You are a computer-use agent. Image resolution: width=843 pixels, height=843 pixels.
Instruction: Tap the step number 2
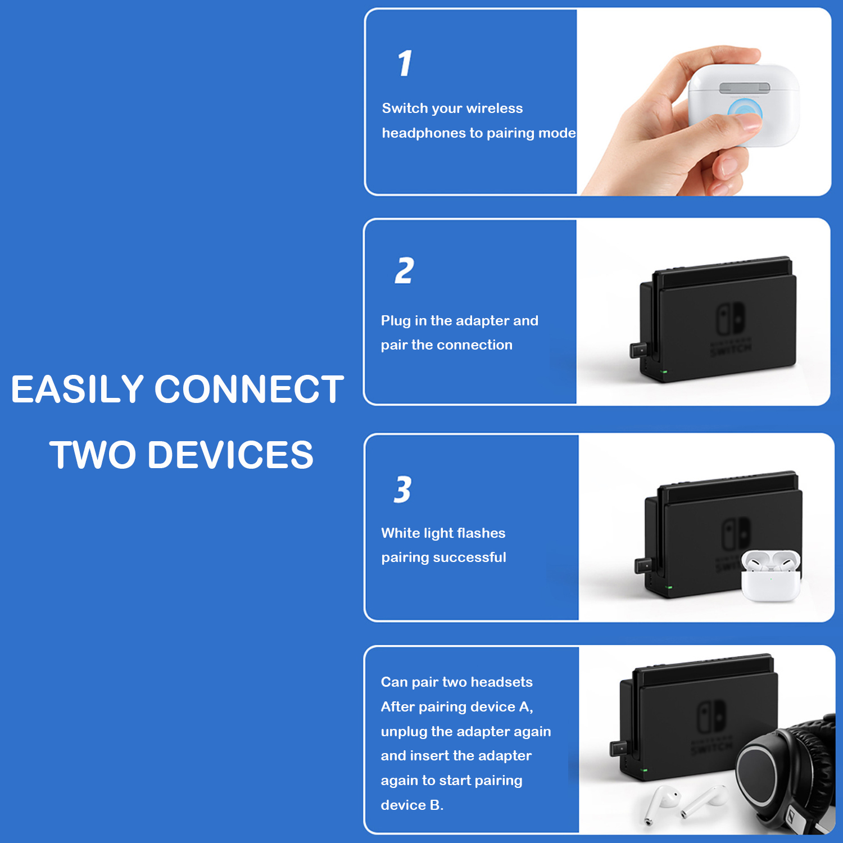(405, 271)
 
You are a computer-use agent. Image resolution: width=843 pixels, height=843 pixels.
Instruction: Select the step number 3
(403, 490)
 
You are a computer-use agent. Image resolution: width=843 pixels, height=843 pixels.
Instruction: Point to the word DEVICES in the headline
(230, 455)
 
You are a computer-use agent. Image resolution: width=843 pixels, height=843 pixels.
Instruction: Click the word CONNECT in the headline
(249, 389)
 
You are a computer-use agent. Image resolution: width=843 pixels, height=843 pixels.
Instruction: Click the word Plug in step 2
(396, 321)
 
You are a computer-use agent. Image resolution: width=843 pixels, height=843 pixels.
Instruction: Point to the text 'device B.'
(412, 805)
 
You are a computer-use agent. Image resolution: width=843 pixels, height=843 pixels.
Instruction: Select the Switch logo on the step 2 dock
(731, 319)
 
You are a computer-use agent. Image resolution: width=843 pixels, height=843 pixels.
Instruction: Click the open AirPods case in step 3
(771, 576)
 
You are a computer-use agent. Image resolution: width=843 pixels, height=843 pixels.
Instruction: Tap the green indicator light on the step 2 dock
(665, 372)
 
